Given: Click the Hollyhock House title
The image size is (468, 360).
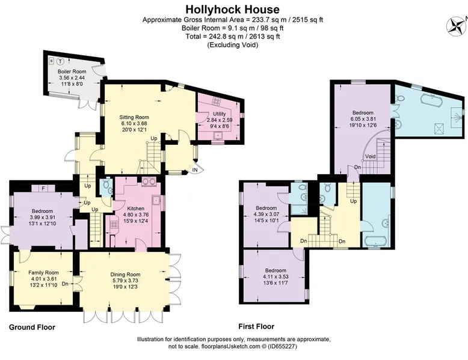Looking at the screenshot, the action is pyautogui.click(x=233, y=9).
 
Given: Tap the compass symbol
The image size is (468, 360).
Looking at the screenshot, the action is pyautogui.click(x=457, y=26).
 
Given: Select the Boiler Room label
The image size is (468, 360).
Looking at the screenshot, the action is pyautogui.click(x=72, y=72).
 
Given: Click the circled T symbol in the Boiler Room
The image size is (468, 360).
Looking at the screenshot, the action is pyautogui.click(x=61, y=61).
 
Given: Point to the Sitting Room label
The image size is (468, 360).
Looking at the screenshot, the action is pyautogui.click(x=134, y=117).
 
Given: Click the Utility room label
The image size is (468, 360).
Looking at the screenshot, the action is pyautogui.click(x=220, y=114).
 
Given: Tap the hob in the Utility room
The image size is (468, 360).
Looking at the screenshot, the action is pyautogui.click(x=216, y=101).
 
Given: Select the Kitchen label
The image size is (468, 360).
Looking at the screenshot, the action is pyautogui.click(x=136, y=209).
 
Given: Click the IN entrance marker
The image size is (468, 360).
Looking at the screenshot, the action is pyautogui.click(x=195, y=170).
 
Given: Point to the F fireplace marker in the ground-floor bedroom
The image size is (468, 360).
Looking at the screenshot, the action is pyautogui.click(x=43, y=189).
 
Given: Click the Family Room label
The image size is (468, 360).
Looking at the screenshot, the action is pyautogui.click(x=43, y=273).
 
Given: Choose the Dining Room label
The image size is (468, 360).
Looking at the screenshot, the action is pyautogui.click(x=125, y=275).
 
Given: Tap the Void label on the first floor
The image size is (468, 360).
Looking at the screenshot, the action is pyautogui.click(x=371, y=157).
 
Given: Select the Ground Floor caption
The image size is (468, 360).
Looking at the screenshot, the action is pyautogui.click(x=32, y=327).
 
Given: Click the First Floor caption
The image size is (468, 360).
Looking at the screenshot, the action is pyautogui.click(x=256, y=326).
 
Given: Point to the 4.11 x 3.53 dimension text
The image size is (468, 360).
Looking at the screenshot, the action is pyautogui.click(x=276, y=276).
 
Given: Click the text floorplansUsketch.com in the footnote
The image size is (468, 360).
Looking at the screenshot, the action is pyautogui.click(x=231, y=347).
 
